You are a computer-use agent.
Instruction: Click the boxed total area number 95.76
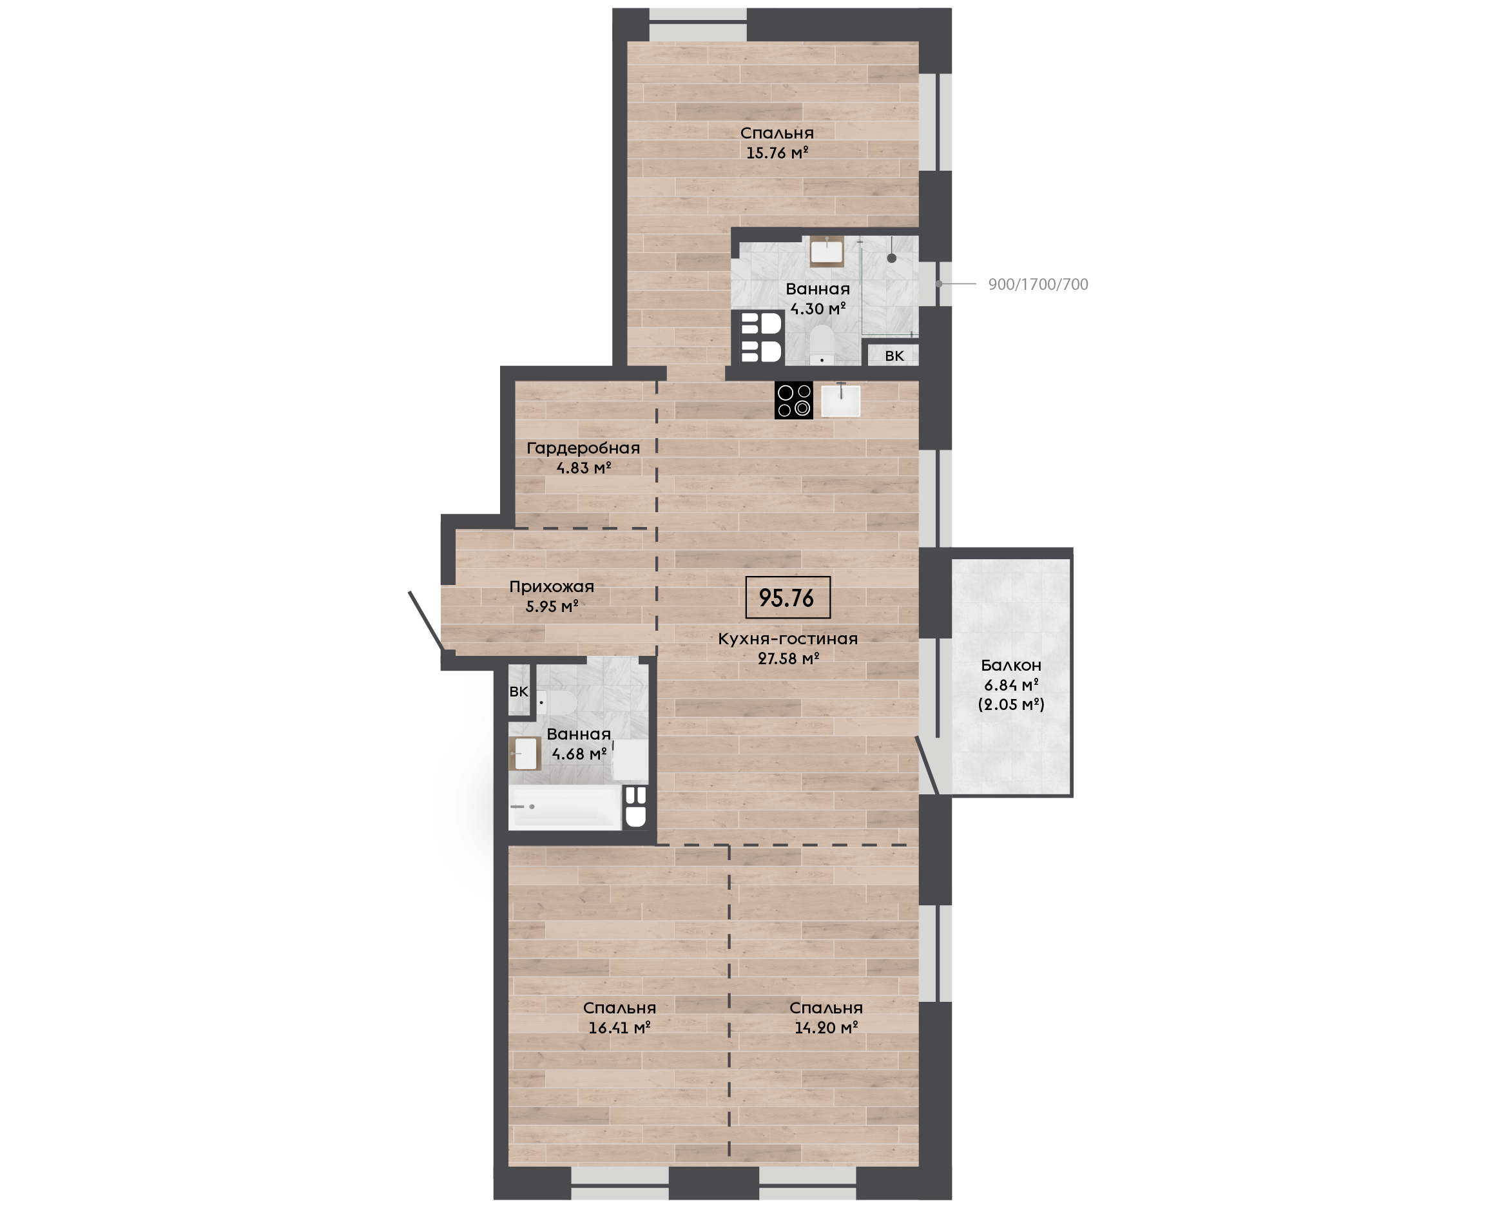(786, 598)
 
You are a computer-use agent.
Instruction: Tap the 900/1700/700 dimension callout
(1038, 285)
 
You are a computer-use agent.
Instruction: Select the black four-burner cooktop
(793, 400)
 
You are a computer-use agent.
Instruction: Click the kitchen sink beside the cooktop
(841, 400)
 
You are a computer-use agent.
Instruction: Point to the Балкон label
(1011, 666)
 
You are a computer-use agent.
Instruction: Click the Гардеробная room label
(583, 448)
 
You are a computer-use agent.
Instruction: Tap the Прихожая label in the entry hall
(552, 586)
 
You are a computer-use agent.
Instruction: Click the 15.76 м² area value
(777, 153)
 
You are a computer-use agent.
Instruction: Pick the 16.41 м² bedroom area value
(619, 1027)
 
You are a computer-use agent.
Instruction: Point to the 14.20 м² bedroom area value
(826, 1027)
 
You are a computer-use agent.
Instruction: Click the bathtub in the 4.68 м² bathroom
(565, 807)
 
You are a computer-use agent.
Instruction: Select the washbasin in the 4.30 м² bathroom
(827, 252)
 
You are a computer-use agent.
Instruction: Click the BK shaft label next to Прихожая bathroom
(519, 692)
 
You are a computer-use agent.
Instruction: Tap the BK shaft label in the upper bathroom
(894, 356)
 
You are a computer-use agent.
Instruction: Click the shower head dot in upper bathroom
(891, 258)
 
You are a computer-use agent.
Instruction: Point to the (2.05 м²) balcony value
(1011, 704)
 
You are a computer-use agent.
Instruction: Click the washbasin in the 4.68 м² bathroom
(525, 754)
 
